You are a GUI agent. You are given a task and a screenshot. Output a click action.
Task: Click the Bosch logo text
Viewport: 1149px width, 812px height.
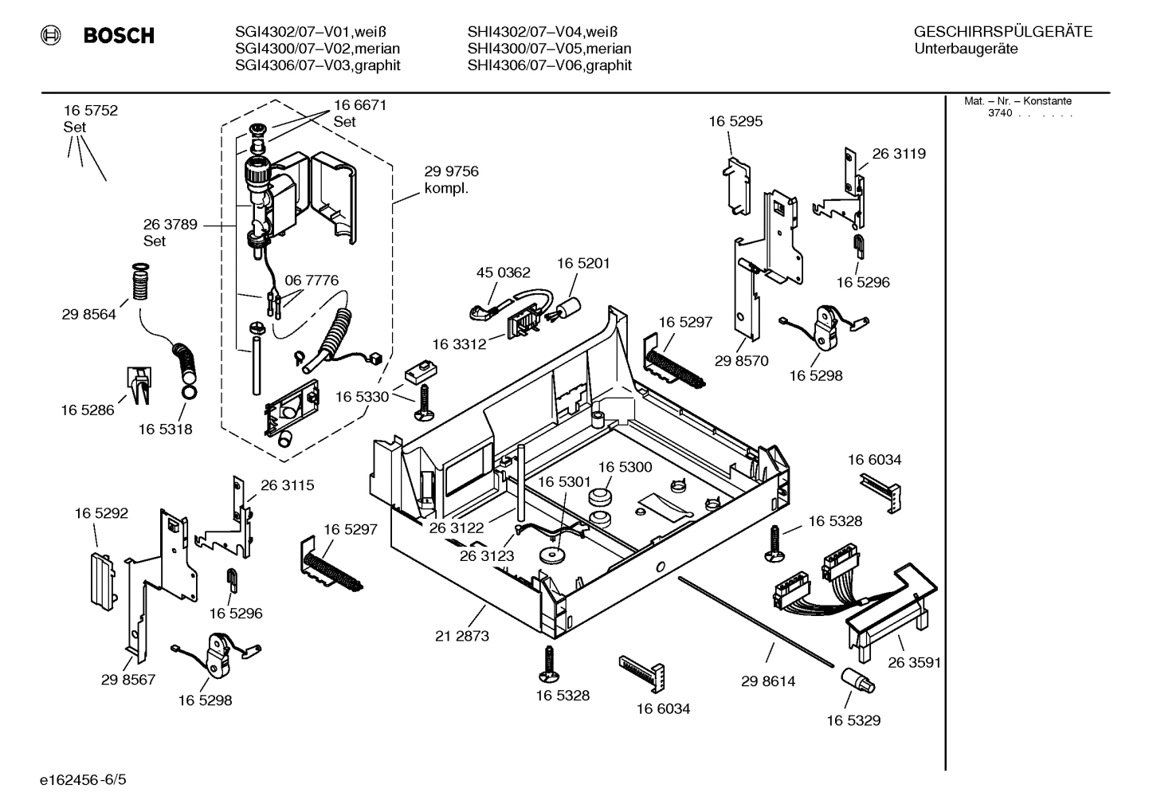[118, 36]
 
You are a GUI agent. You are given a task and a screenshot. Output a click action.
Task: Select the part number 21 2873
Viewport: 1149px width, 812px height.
[462, 636]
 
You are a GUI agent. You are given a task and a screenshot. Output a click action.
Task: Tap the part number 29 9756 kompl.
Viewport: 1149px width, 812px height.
[451, 180]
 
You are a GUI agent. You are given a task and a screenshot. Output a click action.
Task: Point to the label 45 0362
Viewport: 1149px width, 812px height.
[503, 273]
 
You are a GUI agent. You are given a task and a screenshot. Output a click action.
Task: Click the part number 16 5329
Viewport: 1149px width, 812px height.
[853, 720]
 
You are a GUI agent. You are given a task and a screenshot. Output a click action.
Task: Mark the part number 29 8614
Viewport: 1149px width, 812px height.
[767, 681]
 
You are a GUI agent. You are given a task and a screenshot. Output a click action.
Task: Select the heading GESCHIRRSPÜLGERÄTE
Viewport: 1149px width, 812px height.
[1002, 32]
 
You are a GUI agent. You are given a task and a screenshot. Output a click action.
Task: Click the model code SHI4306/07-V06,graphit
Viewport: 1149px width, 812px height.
[549, 65]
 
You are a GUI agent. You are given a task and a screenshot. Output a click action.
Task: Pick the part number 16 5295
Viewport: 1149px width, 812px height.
[735, 121]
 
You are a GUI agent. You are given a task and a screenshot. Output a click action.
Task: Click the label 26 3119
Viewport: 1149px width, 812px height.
[898, 154]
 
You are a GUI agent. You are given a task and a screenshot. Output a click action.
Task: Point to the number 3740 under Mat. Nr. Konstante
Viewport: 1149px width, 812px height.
[999, 113]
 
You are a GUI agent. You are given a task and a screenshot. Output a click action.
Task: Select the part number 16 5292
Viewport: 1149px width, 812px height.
[101, 513]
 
